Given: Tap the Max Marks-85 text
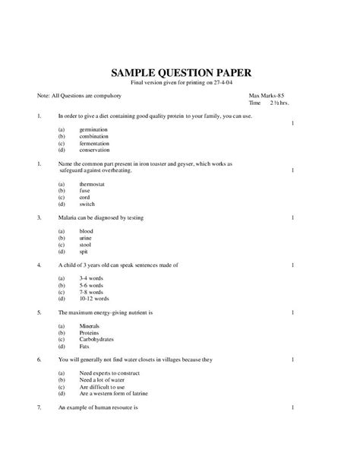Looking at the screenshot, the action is (267, 96).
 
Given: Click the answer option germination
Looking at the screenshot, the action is (94, 130).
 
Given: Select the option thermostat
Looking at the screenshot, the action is (93, 184).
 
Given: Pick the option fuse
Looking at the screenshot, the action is (85, 191).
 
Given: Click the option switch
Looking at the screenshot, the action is (87, 204).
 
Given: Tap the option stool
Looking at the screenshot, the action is (85, 244).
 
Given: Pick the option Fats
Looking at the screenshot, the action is (84, 347).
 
